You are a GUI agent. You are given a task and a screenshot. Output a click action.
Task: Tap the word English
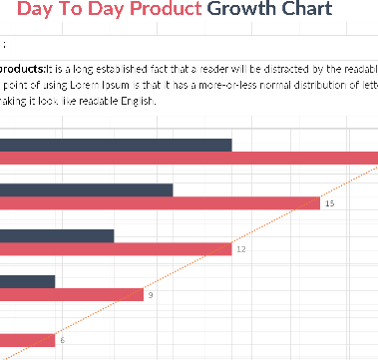point(120,100)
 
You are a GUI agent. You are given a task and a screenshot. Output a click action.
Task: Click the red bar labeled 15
point(160,203)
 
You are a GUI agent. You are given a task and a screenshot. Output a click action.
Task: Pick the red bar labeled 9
point(72,294)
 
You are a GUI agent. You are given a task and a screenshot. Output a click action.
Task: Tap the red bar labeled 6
point(27,340)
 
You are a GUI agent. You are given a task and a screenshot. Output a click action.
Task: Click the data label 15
point(329,203)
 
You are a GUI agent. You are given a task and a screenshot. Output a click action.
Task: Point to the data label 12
point(240,249)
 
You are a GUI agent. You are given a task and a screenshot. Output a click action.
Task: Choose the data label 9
point(151,295)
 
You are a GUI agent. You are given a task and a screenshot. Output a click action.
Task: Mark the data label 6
point(62,340)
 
